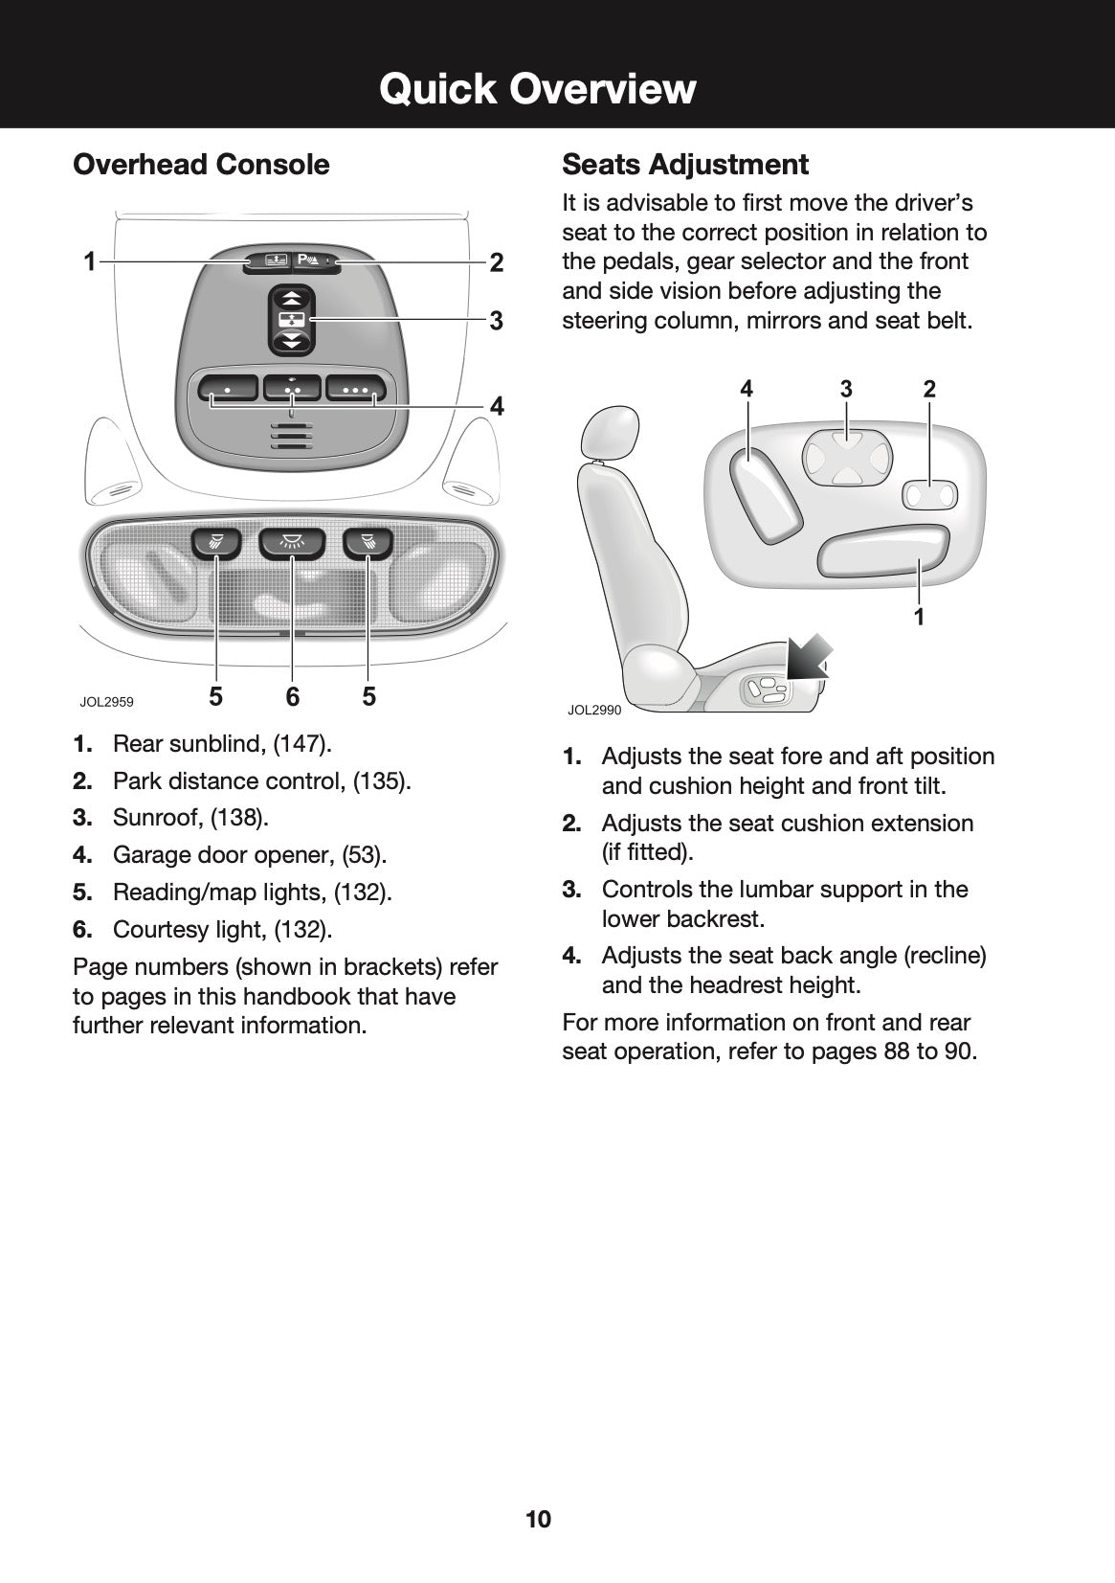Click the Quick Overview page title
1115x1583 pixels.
537,89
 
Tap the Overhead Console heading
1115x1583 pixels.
201,165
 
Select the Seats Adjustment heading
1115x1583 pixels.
685,165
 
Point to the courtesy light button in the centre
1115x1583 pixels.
292,543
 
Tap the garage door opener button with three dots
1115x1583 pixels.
356,390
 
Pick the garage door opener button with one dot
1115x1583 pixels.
228,390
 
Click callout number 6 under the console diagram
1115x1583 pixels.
292,697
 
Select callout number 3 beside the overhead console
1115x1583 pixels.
496,321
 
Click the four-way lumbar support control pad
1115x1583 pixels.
847,457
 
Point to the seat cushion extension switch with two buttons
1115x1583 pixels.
929,495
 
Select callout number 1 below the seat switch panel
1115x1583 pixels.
919,617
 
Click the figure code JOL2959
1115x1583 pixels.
106,702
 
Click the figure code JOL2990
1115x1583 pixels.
594,711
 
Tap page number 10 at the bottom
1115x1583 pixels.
538,1519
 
